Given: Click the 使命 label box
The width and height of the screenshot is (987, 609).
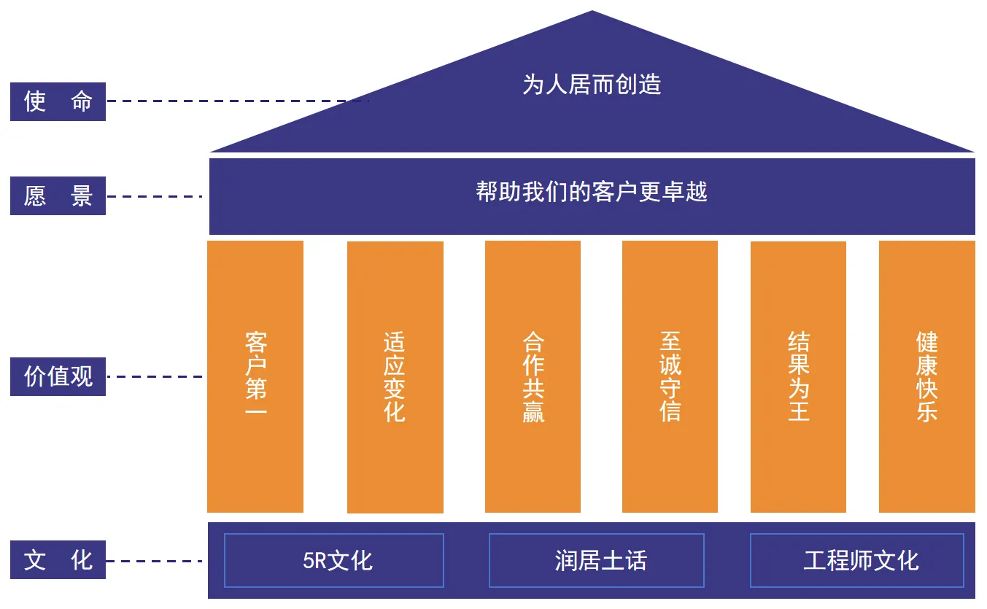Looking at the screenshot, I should coord(58,101).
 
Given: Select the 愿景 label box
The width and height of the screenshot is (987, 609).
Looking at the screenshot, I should coord(58,195).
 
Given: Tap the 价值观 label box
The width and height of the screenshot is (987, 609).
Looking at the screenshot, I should coord(58,376).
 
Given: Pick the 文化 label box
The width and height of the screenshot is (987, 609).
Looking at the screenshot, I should coord(58,560).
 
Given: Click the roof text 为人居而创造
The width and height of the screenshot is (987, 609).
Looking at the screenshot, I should coord(592,85).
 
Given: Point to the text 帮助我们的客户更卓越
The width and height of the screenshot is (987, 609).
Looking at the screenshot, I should coord(592,192).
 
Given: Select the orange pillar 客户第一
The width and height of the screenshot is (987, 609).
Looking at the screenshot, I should coord(255,376).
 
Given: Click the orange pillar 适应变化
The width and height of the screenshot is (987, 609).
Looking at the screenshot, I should coord(395,377).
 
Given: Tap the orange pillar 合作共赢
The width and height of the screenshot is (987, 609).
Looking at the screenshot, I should coord(533,376).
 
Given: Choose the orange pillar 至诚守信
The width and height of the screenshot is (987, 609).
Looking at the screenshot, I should coord(670,376).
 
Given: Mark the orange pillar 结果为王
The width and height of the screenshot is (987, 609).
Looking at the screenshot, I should coord(798,376).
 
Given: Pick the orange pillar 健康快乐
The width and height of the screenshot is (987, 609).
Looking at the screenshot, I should coord(926,376).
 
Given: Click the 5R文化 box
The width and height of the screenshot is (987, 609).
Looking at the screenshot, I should coord(334,560).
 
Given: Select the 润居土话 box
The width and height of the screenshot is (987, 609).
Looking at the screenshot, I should coord(596,560).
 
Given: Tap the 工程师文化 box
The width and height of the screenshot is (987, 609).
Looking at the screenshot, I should coord(856,560).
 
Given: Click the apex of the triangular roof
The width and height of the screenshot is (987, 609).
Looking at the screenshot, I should coord(592,13).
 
